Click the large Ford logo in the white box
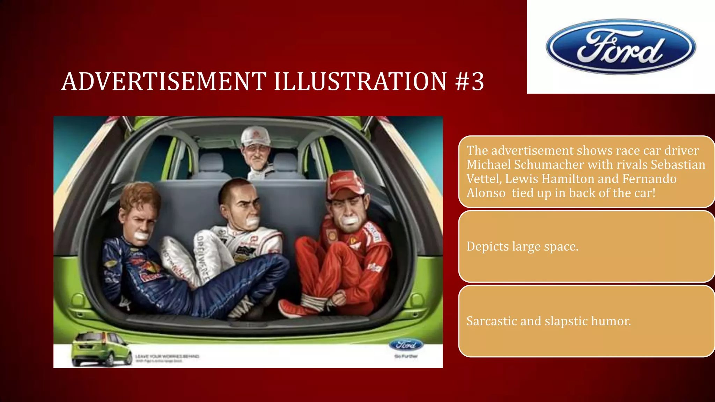[x=621, y=47]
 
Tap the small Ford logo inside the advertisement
[x=406, y=345]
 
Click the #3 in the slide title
[x=470, y=82]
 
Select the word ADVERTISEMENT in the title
[x=163, y=82]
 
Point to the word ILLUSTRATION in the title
[x=360, y=82]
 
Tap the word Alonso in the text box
[x=486, y=193]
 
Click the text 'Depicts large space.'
[x=522, y=246]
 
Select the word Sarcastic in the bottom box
[x=491, y=321]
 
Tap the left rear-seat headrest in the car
[x=211, y=163]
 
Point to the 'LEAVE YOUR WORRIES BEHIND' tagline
[x=167, y=356]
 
